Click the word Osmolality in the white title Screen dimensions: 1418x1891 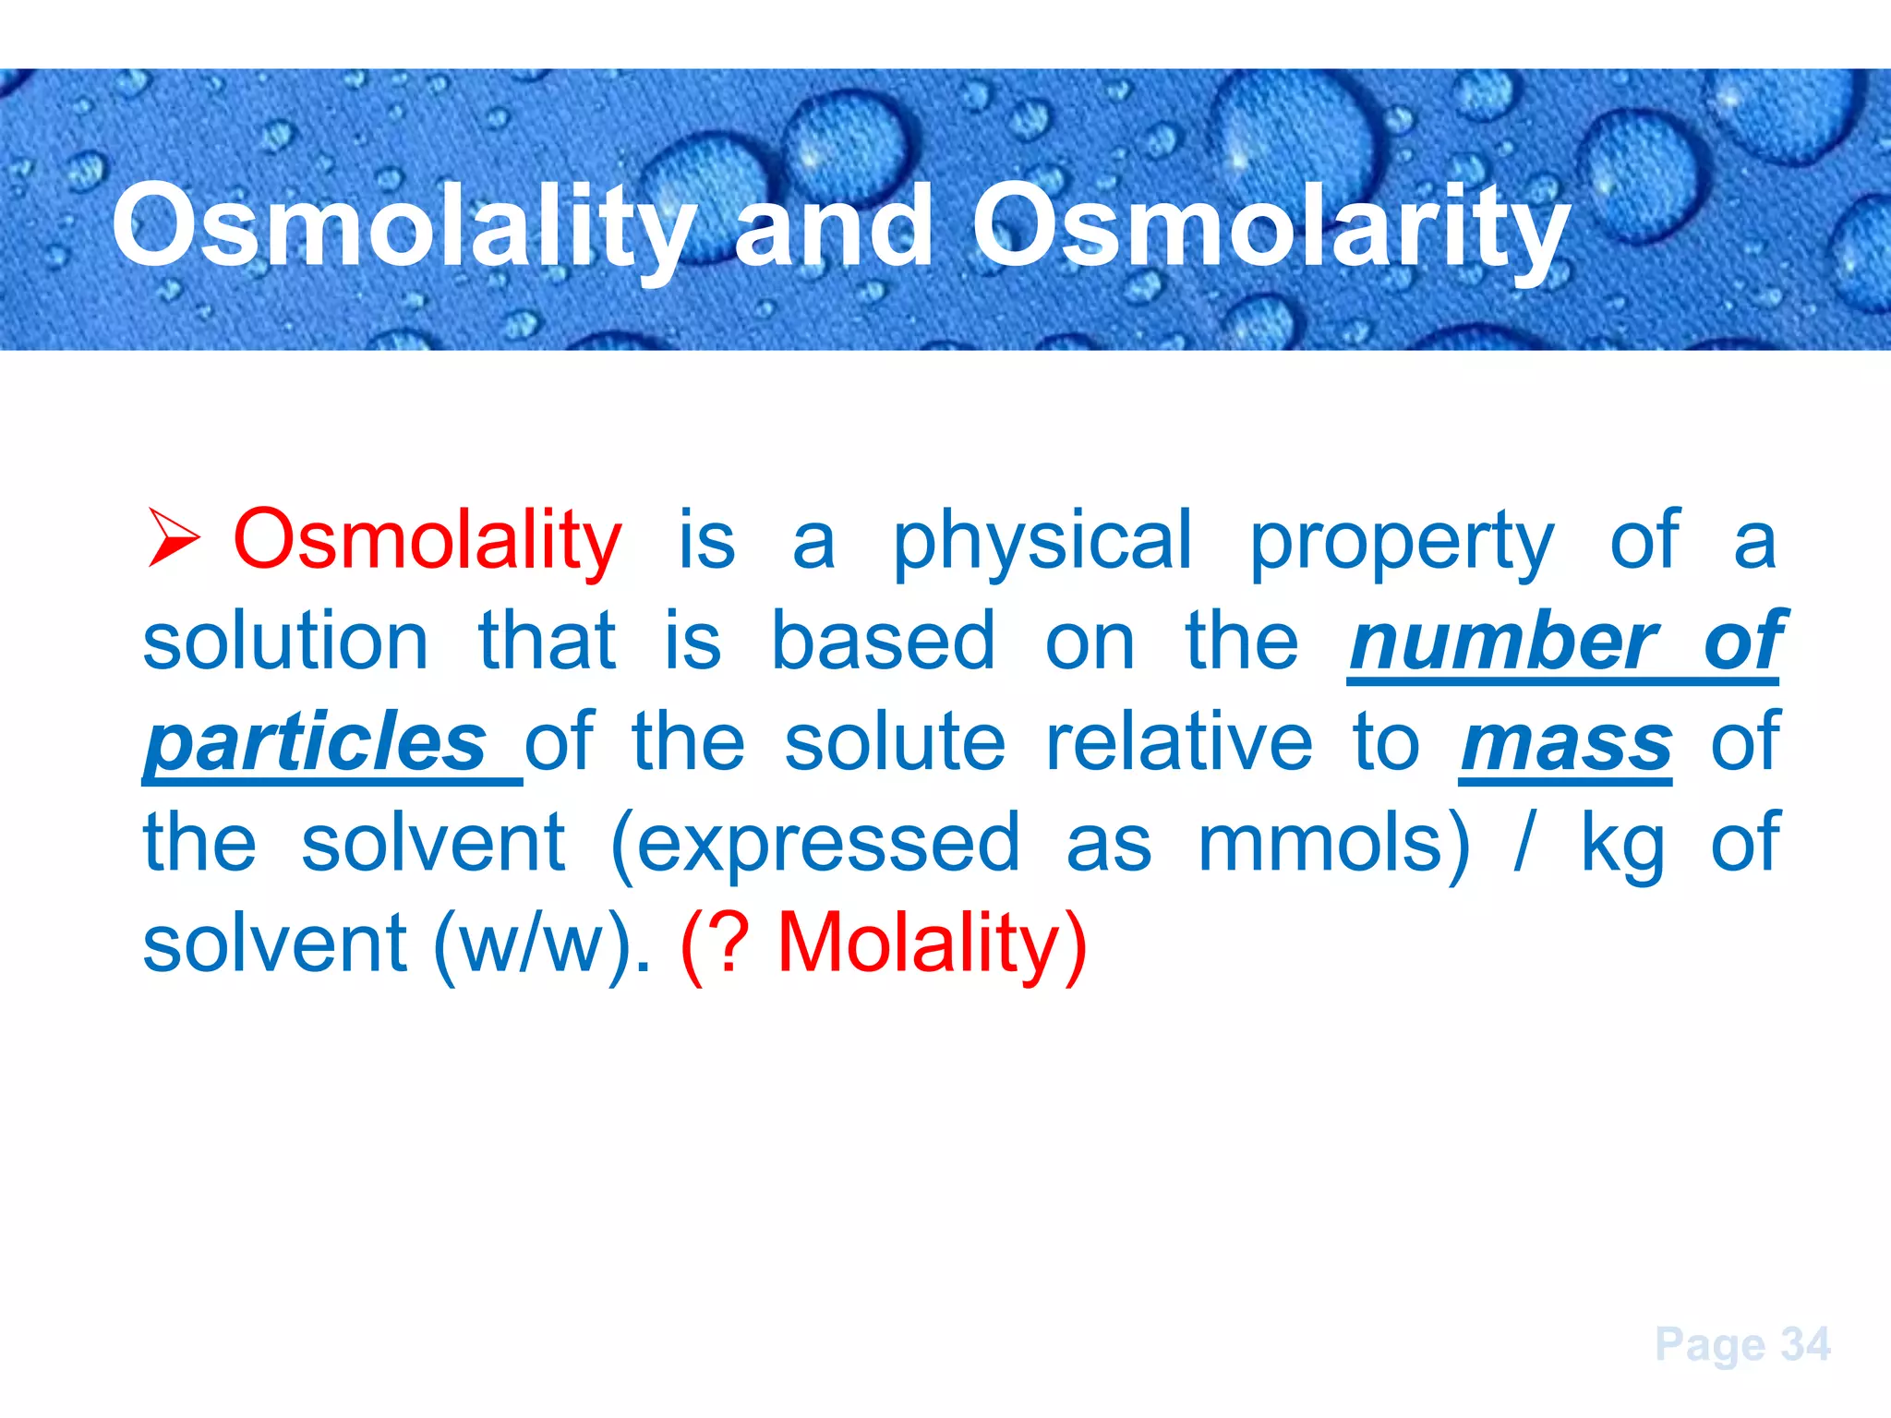[x=403, y=226]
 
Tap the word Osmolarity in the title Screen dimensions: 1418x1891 [x=1271, y=226]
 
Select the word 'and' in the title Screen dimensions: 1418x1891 [x=833, y=226]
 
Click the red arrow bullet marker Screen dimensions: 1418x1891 [x=175, y=539]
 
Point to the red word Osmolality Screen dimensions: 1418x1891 [x=428, y=539]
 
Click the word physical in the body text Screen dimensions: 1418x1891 [x=1042, y=543]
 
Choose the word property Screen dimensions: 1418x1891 [x=1402, y=543]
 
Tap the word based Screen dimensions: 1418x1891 [x=883, y=641]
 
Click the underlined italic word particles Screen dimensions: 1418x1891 [x=316, y=742]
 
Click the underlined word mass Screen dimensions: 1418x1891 [x=1566, y=742]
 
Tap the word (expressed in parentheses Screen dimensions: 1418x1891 [x=815, y=844]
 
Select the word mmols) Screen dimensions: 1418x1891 [x=1332, y=843]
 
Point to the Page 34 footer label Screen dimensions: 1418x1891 [x=1741, y=1344]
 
